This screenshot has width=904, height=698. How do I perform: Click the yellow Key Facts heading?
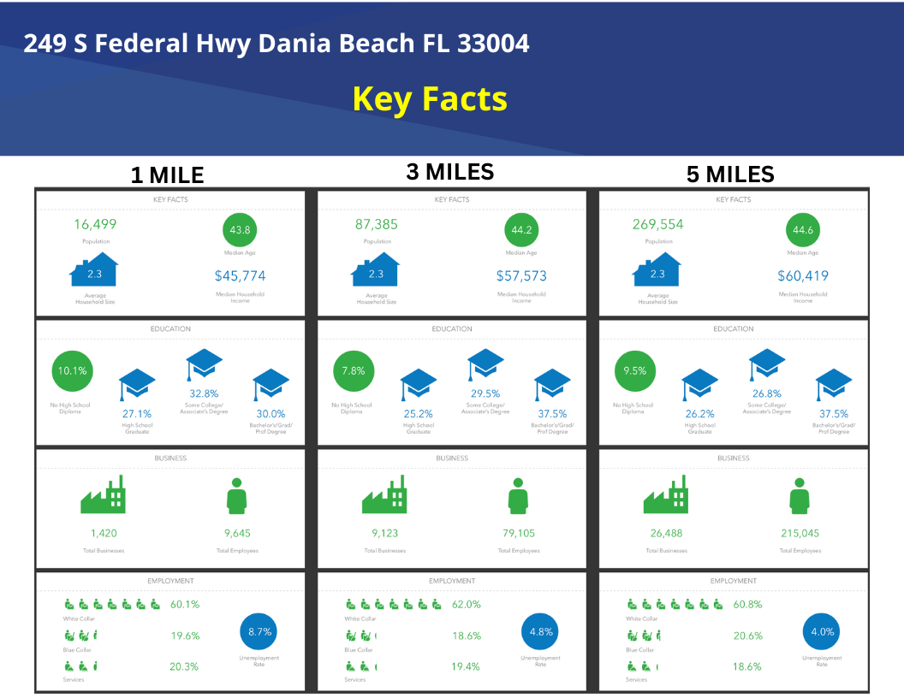click(430, 99)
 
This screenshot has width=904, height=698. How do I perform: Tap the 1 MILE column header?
click(167, 175)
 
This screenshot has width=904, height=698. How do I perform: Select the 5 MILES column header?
click(730, 174)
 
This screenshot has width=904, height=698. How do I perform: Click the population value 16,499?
click(95, 225)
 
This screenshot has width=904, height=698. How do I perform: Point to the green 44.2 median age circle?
click(521, 230)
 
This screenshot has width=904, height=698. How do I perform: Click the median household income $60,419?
click(802, 276)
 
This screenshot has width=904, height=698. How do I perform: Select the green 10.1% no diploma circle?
click(72, 371)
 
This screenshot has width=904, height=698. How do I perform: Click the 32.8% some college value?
click(205, 394)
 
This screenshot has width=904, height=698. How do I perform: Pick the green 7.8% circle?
click(354, 371)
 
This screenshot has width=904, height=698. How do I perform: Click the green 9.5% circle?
click(635, 371)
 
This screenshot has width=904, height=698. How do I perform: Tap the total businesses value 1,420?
click(104, 533)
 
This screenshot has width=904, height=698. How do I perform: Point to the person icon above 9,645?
click(236, 495)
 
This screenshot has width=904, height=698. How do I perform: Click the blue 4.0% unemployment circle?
click(821, 632)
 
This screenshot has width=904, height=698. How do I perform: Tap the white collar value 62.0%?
click(467, 604)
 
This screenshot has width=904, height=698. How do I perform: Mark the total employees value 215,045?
click(800, 533)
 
